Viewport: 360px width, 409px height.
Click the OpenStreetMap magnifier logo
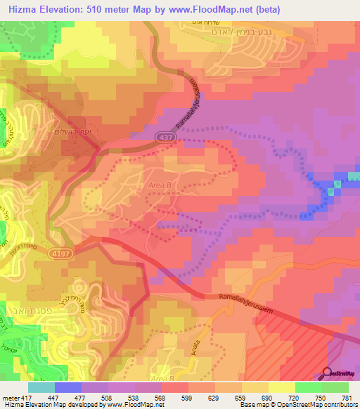[328, 373]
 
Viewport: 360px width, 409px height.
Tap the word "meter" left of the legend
[11, 397]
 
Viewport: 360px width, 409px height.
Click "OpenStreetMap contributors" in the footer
[319, 405]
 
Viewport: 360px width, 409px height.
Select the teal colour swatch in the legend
[41, 387]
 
